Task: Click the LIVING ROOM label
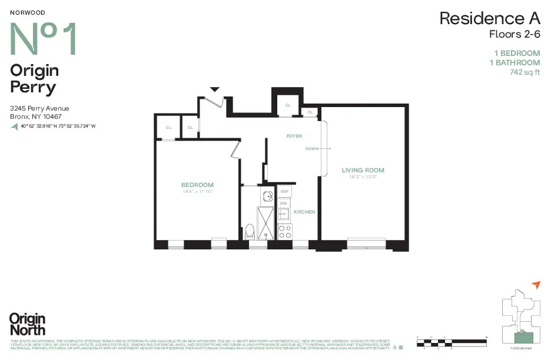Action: tap(363, 170)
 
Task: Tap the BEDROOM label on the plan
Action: tap(197, 185)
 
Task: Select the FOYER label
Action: tap(294, 136)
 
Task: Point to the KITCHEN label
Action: tap(304, 212)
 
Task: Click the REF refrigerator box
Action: tap(284, 192)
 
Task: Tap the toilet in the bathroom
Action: tap(249, 231)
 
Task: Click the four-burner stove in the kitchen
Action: tap(284, 231)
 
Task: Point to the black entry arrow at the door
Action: tap(215, 89)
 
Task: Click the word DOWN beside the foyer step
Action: tap(312, 149)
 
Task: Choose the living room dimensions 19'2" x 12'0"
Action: tap(363, 176)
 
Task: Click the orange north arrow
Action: tap(535, 285)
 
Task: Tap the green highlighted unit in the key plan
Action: tap(520, 337)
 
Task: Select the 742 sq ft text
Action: tap(525, 73)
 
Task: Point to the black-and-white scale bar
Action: tap(452, 341)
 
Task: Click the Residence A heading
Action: tap(489, 18)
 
